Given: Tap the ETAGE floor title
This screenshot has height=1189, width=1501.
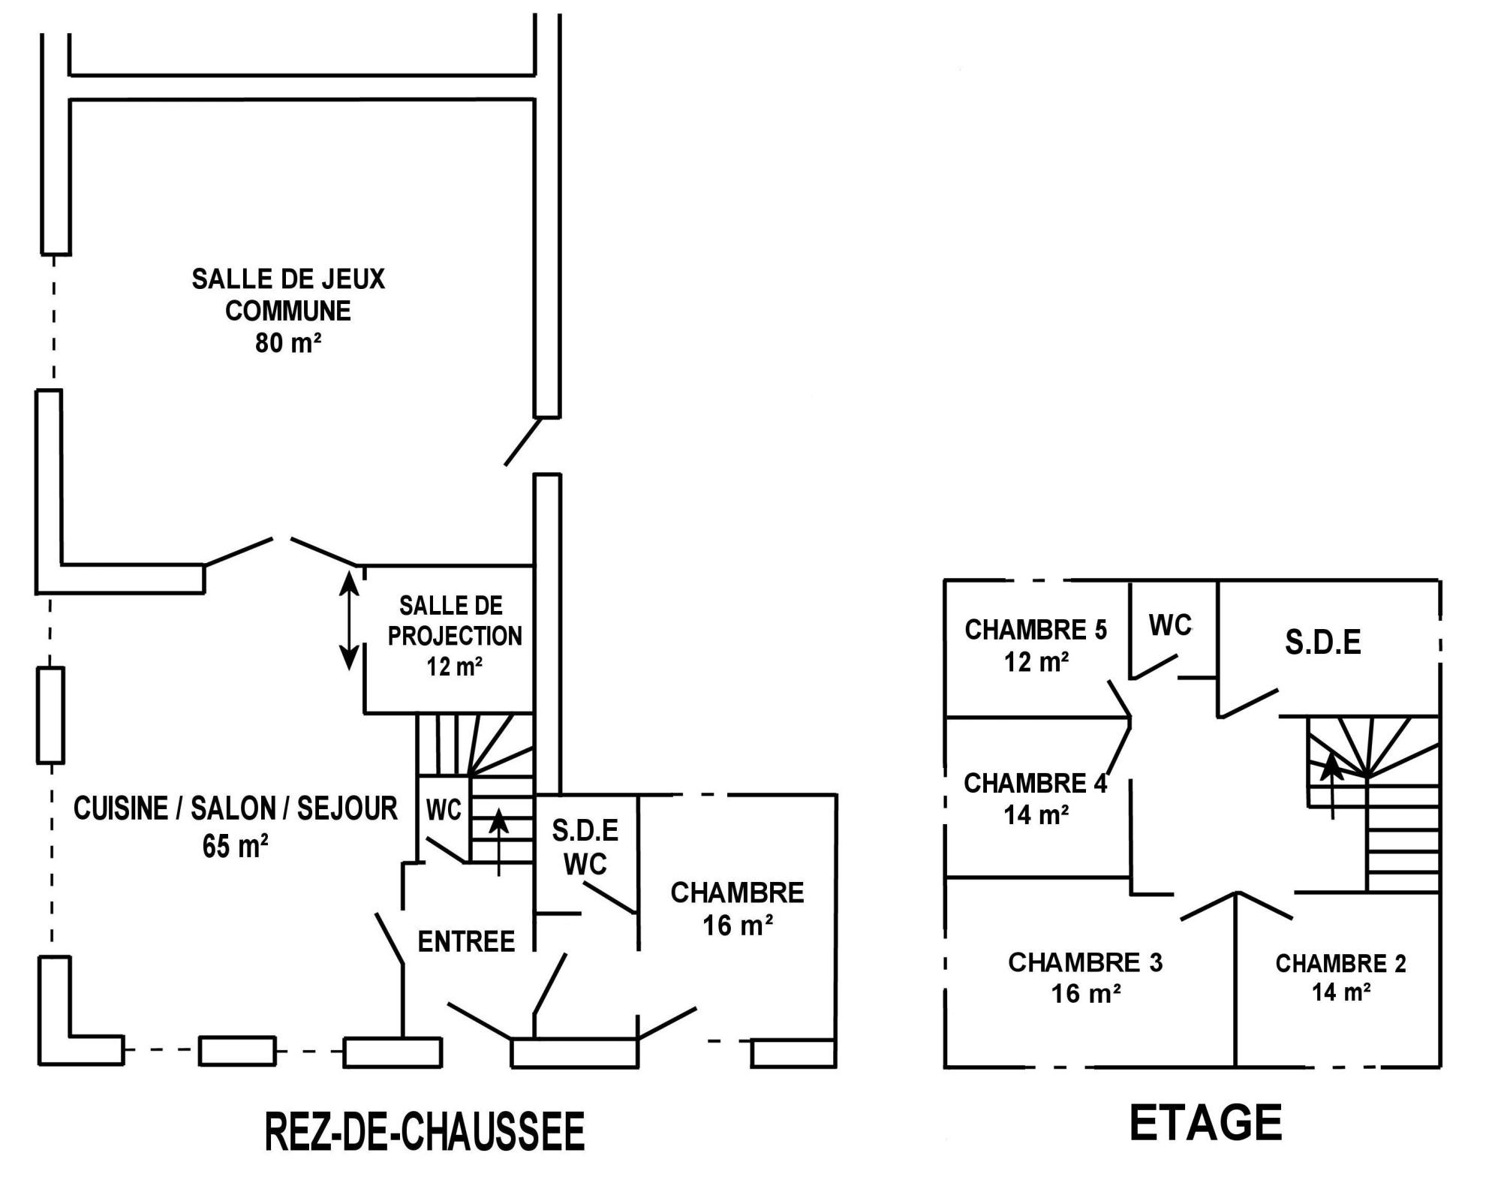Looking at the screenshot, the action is [x=1205, y=1123].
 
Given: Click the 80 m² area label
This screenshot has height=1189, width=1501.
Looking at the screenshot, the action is [x=288, y=343].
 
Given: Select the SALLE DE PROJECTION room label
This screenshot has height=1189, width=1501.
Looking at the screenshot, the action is [x=454, y=621].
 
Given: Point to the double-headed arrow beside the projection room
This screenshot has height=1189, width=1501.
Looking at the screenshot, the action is [x=348, y=620].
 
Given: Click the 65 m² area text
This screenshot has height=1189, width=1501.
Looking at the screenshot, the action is [x=236, y=846].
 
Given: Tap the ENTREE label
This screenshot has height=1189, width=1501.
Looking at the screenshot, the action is [x=466, y=941].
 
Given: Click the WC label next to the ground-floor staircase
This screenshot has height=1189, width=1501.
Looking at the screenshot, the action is [x=444, y=810].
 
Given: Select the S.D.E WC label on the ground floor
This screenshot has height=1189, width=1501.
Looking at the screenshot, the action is [x=585, y=847].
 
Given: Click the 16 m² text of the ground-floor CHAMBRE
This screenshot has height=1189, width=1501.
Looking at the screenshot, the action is [x=738, y=926].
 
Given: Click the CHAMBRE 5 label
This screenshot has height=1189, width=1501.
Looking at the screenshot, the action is [x=1036, y=630].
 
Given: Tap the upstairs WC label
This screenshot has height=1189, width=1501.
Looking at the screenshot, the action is [x=1170, y=625].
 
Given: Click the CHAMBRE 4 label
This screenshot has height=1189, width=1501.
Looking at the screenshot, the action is [x=1035, y=784].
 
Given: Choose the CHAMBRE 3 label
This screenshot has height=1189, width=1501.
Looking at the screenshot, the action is [x=1085, y=962].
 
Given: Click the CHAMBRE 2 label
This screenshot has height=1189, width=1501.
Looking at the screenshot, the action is [x=1340, y=963].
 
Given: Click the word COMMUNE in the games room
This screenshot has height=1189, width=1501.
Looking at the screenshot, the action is [x=288, y=311].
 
